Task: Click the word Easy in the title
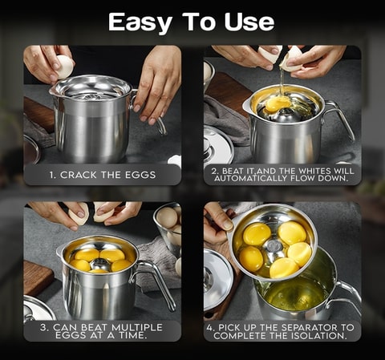(136, 22)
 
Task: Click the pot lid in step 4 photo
(217, 278)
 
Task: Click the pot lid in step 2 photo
(217, 145)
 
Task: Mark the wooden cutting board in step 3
(37, 277)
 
